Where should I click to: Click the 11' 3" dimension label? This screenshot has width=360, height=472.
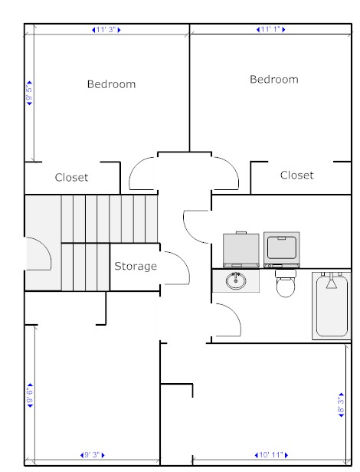106,30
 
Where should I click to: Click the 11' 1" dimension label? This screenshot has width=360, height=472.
271,29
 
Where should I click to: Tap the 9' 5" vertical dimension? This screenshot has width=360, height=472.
30,93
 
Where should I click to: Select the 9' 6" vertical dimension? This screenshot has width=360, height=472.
30,395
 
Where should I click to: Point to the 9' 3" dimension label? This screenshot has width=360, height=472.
93,454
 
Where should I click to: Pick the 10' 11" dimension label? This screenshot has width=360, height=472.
271,454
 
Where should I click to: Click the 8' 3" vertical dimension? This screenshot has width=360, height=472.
341,405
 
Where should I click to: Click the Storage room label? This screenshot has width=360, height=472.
136,266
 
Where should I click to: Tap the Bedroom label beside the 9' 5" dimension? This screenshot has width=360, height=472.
111,84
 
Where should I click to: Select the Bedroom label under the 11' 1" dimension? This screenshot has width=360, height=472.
274,79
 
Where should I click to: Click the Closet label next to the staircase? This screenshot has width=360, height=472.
72,177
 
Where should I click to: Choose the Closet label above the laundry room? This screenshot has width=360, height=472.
296,175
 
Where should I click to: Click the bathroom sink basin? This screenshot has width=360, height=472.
236,280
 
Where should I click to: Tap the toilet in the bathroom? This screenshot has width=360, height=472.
286,284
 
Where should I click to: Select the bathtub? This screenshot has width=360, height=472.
332,306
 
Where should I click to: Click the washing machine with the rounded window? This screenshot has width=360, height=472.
282,250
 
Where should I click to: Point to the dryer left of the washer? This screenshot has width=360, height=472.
241,250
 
